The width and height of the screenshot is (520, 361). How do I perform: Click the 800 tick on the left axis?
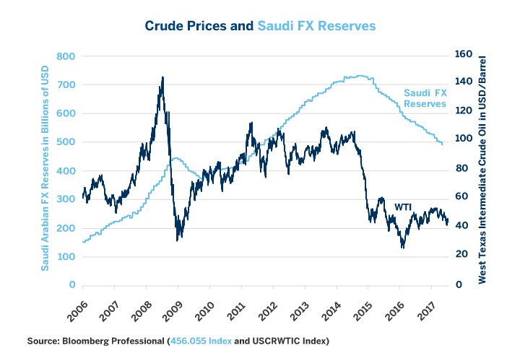coord(65,56)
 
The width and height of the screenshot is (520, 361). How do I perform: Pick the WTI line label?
coord(402,207)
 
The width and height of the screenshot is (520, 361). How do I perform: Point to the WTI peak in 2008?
coord(162,77)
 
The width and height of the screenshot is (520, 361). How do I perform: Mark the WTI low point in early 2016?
coord(402,247)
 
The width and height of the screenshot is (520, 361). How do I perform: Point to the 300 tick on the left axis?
coord(65,199)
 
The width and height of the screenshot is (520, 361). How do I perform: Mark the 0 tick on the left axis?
coord(72,285)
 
